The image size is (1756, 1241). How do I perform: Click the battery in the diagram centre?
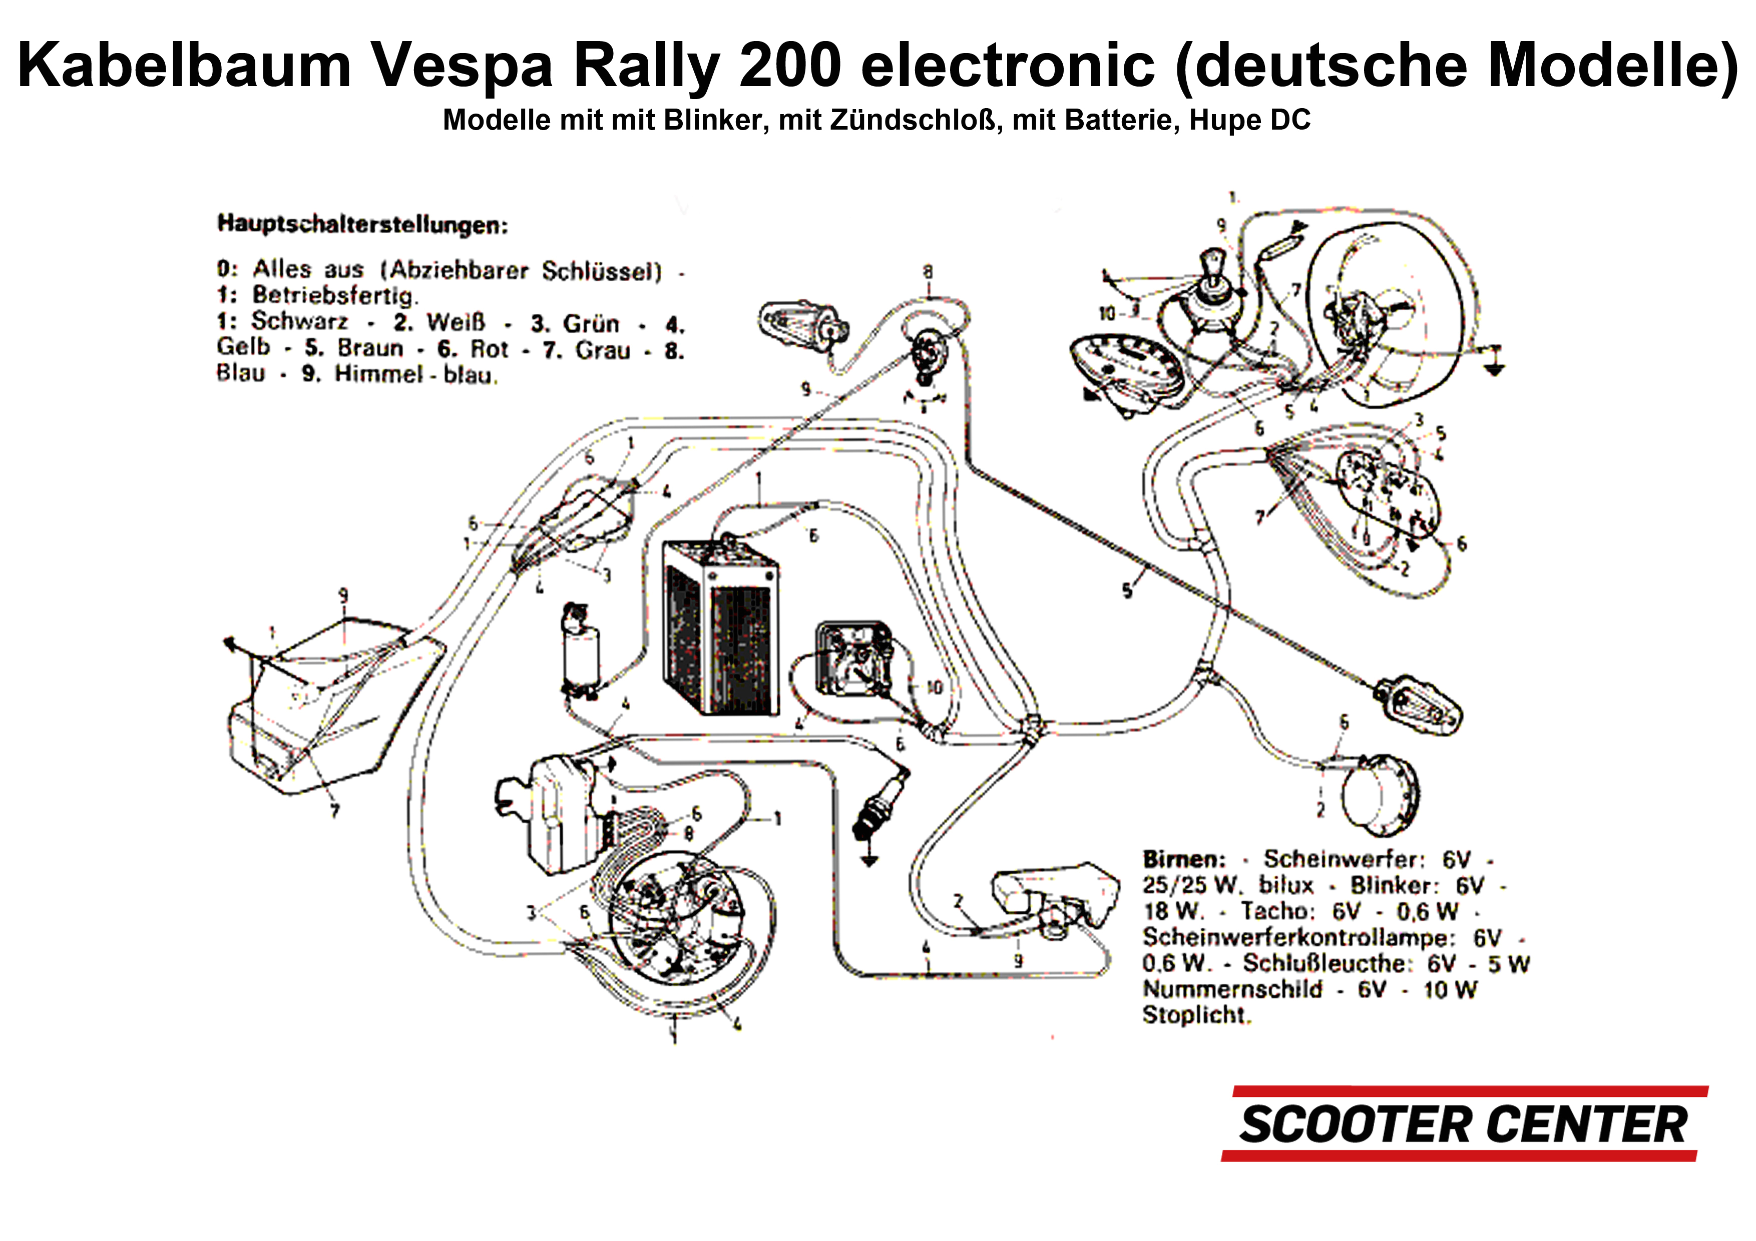pos(720,627)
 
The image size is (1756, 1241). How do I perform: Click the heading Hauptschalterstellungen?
pos(362,225)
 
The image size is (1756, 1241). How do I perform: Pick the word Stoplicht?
pos(1195,1015)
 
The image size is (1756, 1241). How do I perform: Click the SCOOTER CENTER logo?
pos(1462,1124)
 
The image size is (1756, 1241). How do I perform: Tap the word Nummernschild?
pos(1232,989)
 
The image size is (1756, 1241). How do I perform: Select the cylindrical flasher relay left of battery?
pos(581,654)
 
